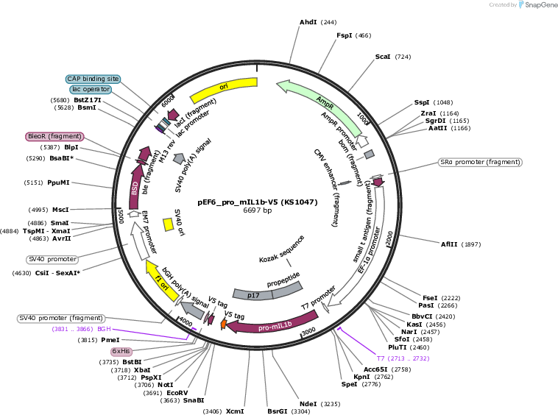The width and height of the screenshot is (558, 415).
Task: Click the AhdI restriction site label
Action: click(x=308, y=22)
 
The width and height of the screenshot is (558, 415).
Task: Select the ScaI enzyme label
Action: click(x=383, y=57)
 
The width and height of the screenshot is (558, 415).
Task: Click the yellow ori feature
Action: click(x=223, y=88)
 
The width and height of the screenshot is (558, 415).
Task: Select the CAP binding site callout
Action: click(x=93, y=79)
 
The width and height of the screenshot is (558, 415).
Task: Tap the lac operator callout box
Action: click(x=91, y=89)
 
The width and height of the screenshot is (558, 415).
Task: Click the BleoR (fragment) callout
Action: click(x=54, y=136)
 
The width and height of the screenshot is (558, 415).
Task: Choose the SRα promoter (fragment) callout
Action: click(x=480, y=162)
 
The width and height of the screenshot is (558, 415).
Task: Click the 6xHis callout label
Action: click(x=121, y=351)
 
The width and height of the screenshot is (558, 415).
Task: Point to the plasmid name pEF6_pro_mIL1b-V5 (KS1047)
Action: click(x=258, y=202)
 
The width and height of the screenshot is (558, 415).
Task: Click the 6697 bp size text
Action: click(x=258, y=210)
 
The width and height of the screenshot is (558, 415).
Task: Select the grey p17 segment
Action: click(x=253, y=295)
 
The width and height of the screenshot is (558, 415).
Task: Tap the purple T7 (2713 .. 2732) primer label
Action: click(x=403, y=358)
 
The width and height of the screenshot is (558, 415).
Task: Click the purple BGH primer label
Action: click(x=82, y=330)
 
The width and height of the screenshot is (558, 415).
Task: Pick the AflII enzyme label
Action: click(x=449, y=244)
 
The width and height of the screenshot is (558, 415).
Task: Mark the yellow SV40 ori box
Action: click(x=169, y=225)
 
